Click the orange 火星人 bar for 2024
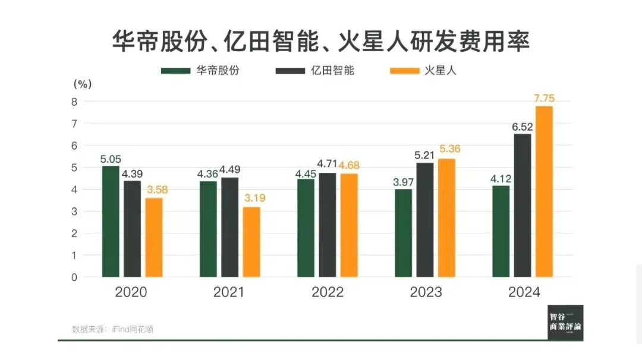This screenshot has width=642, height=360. [544, 191]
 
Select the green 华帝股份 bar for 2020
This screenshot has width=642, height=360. [111, 221]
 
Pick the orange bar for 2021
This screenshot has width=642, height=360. [251, 242]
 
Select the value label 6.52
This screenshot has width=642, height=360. [523, 127]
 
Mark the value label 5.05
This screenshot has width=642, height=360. [111, 159]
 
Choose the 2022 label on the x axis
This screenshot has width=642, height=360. [328, 292]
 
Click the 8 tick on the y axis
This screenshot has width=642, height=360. [74, 102]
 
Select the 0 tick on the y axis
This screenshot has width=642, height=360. [74, 277]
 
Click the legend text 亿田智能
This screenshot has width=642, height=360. [332, 71]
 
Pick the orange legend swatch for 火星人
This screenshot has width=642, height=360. [403, 71]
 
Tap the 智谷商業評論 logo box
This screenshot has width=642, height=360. [565, 323]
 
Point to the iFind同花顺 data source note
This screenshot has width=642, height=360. [112, 329]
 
